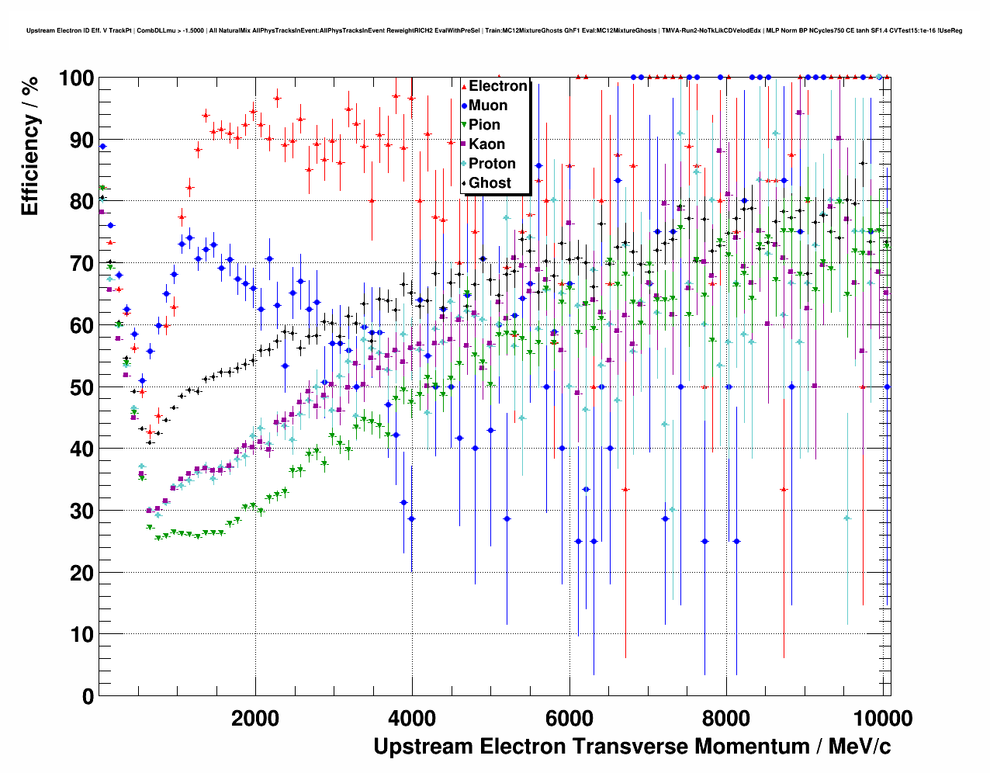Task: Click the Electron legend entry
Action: pyautogui.click(x=497, y=86)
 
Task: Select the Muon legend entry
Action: pyautogui.click(x=488, y=106)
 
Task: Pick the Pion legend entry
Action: pyautogui.click(x=484, y=125)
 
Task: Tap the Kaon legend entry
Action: pyautogui.click(x=486, y=144)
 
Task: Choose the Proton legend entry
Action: pyautogui.click(x=492, y=164)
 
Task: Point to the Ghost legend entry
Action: pyautogui.click(x=490, y=183)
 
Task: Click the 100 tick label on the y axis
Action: pyautogui.click(x=75, y=78)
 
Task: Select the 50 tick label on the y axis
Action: pyautogui.click(x=81, y=387)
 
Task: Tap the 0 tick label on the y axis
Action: pyautogui.click(x=88, y=696)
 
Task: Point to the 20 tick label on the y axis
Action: pyautogui.click(x=81, y=573)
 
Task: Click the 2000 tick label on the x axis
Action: pyautogui.click(x=255, y=718)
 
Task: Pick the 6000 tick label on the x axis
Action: pyautogui.click(x=569, y=718)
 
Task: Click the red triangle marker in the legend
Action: pyautogui.click(x=464, y=86)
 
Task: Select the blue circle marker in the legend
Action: pyautogui.click(x=464, y=106)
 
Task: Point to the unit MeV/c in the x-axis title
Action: pyautogui.click(x=860, y=747)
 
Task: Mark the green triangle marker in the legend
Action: pyautogui.click(x=464, y=125)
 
